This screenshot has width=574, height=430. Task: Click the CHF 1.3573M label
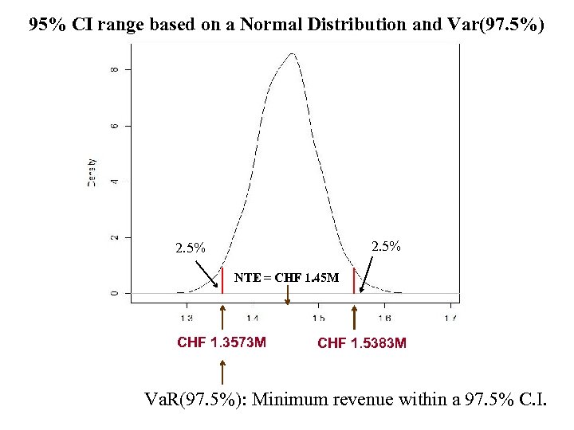pyautogui.click(x=222, y=343)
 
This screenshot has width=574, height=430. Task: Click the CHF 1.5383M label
pyautogui.click(x=362, y=344)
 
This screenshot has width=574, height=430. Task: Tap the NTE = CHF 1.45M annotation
pyautogui.click(x=286, y=278)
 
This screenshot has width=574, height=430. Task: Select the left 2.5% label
pyautogui.click(x=191, y=248)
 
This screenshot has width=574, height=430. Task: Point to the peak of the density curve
pyautogui.click(x=293, y=54)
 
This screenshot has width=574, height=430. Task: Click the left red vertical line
pyautogui.click(x=222, y=281)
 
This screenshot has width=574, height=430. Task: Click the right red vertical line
pyautogui.click(x=354, y=281)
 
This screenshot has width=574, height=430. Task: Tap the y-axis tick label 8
pyautogui.click(x=112, y=70)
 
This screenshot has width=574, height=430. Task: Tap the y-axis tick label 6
pyautogui.click(x=112, y=126)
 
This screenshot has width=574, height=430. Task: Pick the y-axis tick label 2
pyautogui.click(x=112, y=237)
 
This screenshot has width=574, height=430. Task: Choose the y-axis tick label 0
pyautogui.click(x=112, y=293)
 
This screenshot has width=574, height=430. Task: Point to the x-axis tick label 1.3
pyautogui.click(x=186, y=318)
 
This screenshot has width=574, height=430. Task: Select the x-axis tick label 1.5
pyautogui.click(x=318, y=318)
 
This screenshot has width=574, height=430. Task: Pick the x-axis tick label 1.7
pyautogui.click(x=450, y=318)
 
